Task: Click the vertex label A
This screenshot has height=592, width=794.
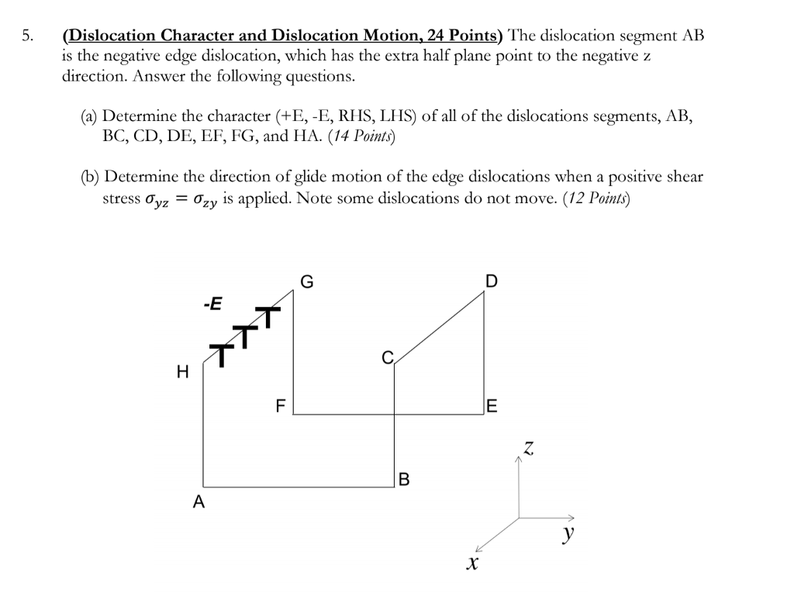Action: click(199, 501)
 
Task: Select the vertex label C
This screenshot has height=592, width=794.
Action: click(387, 357)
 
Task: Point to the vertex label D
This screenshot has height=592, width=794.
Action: click(492, 281)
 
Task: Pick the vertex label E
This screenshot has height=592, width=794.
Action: click(492, 405)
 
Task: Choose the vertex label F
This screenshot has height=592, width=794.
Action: click(281, 405)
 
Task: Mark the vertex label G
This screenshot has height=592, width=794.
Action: click(307, 281)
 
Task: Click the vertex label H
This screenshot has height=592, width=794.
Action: click(183, 373)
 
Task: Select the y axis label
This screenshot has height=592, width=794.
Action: click(569, 533)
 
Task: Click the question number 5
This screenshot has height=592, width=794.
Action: click(28, 36)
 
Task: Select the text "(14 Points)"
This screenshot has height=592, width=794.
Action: click(362, 136)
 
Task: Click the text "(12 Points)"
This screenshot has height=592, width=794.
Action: click(597, 198)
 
